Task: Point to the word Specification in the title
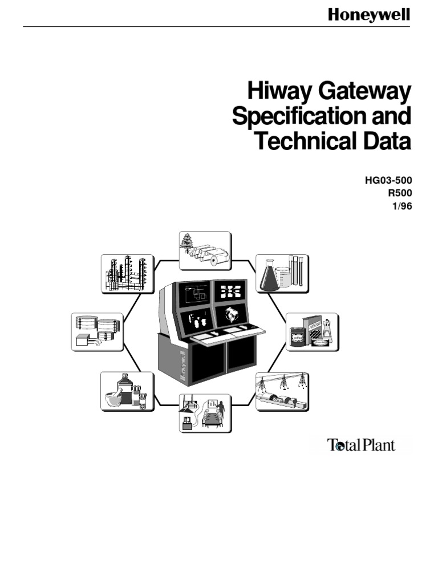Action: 292,117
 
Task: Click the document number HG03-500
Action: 388,181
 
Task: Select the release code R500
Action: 399,194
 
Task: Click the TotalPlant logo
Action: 361,445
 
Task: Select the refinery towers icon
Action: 128,274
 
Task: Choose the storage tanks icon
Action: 98,331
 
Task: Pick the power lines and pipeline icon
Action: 282,392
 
